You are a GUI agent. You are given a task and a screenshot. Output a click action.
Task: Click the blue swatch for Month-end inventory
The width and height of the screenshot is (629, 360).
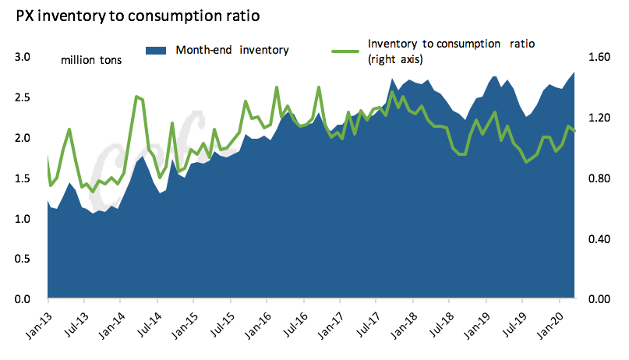157,50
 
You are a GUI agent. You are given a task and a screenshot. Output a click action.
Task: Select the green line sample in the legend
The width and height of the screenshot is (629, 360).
346,51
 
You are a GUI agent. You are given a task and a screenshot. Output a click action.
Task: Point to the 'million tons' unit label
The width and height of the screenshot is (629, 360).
90,59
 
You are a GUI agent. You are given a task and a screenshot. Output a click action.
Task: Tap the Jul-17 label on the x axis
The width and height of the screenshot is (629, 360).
366,321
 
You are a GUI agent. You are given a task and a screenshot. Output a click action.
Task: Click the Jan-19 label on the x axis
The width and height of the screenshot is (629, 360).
475,321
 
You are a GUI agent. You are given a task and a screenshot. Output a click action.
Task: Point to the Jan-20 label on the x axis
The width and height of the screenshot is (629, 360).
549,321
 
